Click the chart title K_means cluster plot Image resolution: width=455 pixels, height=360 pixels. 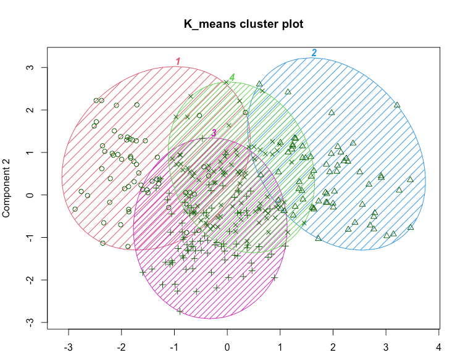click(243, 24)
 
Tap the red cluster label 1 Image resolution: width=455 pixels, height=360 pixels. click(178, 61)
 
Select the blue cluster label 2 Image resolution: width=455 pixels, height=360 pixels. click(314, 53)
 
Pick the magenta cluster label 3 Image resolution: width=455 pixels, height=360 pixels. click(214, 133)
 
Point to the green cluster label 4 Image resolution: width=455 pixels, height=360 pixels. click(232, 77)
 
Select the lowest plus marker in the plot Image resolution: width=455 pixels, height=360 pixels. click(180, 311)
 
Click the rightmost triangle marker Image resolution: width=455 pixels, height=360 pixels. click(411, 227)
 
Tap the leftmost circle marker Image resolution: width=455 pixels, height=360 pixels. click(75, 209)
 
